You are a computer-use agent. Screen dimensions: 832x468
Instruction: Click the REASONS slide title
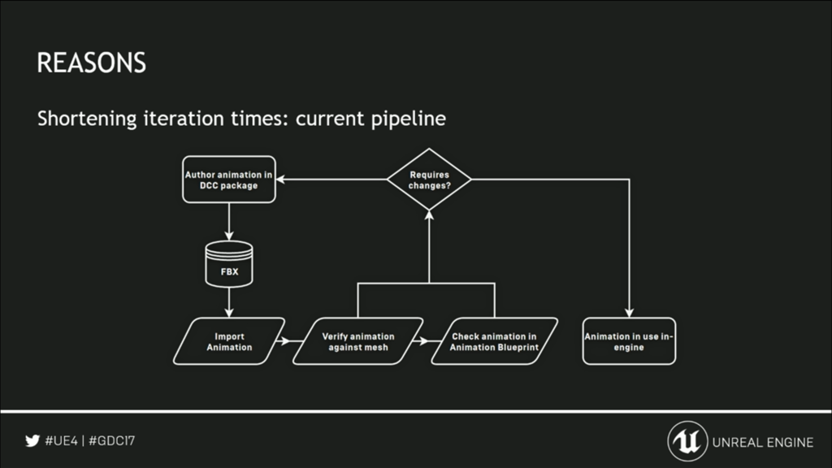(91, 63)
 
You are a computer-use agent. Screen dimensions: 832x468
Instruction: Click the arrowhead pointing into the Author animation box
(280, 180)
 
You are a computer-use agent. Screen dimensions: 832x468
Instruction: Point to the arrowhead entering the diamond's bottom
(429, 214)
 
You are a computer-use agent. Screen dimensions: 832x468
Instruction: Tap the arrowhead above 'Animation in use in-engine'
(630, 313)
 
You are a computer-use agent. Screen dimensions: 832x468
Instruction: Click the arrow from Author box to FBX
(229, 222)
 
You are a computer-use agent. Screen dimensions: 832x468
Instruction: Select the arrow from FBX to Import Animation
(229, 302)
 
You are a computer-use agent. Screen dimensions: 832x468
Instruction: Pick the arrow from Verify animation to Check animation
(422, 340)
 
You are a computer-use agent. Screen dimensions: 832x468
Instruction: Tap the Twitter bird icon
(32, 441)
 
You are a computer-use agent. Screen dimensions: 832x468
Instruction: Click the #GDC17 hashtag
(111, 441)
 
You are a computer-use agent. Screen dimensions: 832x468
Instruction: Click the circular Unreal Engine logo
(687, 441)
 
